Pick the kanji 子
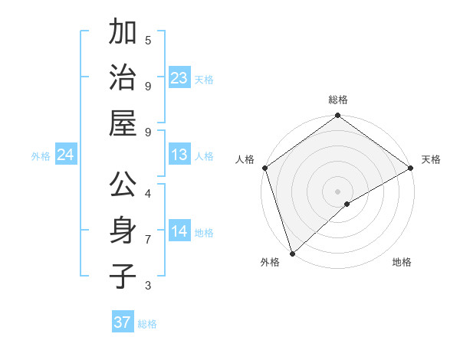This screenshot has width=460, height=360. [123, 276]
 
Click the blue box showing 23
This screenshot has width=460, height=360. [179, 78]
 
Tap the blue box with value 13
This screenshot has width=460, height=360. [179, 155]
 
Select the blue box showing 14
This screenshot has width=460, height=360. [179, 231]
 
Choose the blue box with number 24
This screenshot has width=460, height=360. [66, 155]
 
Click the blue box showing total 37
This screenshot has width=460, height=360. [123, 322]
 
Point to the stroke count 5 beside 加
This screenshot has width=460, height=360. [148, 41]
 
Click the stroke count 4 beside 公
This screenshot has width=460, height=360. [148, 194]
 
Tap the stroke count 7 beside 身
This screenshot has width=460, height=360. [148, 240]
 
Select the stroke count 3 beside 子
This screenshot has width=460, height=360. [148, 286]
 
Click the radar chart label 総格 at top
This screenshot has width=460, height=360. [338, 100]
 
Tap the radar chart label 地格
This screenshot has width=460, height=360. [402, 262]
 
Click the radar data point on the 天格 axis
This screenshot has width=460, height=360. [411, 168]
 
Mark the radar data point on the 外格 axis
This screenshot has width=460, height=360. [292, 253]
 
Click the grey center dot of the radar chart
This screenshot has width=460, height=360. [338, 191]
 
